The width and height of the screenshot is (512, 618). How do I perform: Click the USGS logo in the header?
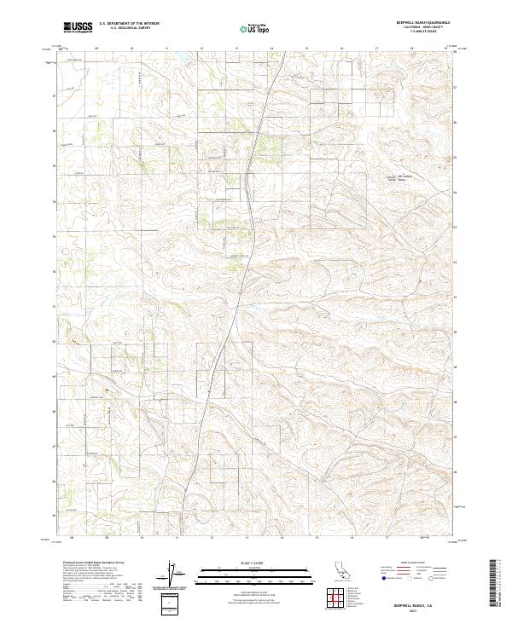click(78, 26)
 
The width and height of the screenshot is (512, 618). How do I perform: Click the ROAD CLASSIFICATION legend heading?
click(408, 563)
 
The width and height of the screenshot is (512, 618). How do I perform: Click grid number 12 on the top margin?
click(201, 49)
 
